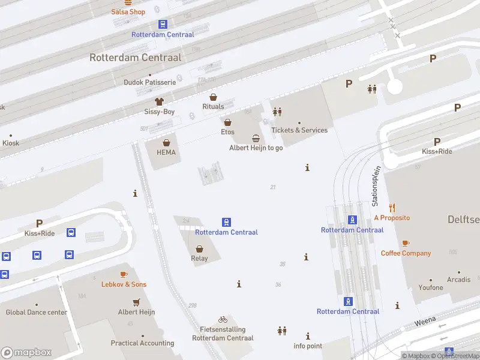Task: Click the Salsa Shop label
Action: (128, 12)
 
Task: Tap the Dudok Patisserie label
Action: (149, 82)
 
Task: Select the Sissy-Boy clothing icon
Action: (159, 102)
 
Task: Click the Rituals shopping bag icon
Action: (213, 97)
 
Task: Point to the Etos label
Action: (227, 132)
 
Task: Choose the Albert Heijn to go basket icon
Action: (256, 138)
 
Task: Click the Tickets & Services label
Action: (299, 130)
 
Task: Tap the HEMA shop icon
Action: (166, 143)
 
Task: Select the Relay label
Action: (199, 259)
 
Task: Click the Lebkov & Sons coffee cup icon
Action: (124, 274)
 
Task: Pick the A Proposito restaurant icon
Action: (392, 208)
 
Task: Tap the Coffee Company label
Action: (406, 253)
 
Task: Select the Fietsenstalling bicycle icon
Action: (223, 320)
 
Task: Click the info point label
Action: (308, 346)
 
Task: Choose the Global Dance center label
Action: (36, 313)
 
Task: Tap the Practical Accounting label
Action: (142, 344)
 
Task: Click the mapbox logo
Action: (26, 353)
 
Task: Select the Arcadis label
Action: (458, 280)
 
